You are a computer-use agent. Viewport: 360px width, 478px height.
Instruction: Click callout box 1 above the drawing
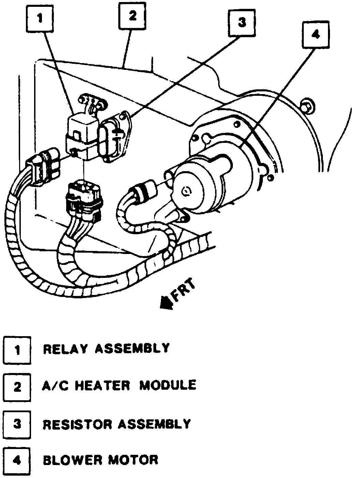40,19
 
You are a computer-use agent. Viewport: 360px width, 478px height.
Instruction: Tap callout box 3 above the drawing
241,23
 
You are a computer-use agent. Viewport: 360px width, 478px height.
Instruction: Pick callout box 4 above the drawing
316,34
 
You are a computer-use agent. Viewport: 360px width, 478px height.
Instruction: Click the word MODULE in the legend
168,385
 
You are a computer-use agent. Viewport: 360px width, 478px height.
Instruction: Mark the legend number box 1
17,350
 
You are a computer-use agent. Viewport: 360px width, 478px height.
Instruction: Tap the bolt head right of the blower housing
306,106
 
